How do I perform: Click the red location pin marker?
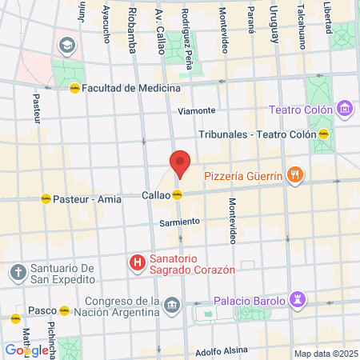click(180, 164)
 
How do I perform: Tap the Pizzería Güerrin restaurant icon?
click(296, 174)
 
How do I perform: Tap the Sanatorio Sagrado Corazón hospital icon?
click(138, 262)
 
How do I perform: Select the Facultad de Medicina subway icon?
click(74, 88)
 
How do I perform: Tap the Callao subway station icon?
click(178, 194)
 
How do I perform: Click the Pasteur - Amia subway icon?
click(45, 198)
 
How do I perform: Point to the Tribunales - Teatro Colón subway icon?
click(324, 134)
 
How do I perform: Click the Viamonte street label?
click(197, 110)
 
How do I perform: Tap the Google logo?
click(26, 350)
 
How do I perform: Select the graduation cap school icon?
click(64, 42)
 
